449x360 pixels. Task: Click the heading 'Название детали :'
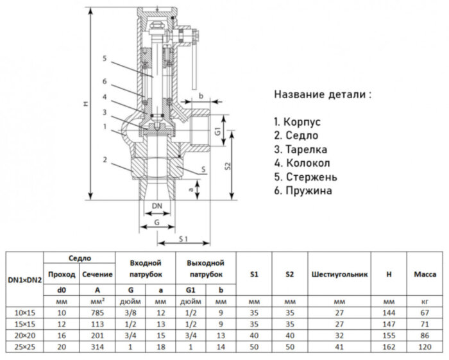click(322, 95)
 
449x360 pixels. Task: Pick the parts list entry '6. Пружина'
click(303, 191)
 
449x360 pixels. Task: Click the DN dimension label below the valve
click(157, 205)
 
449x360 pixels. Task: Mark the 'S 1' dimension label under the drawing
click(183, 238)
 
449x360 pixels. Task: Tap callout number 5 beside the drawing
click(104, 58)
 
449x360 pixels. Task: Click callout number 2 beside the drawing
click(104, 159)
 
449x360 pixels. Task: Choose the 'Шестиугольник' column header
click(339, 274)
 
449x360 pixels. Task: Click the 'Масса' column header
click(425, 274)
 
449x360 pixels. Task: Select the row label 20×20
click(25, 335)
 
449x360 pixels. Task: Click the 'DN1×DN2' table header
click(25, 280)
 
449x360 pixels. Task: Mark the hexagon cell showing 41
click(339, 347)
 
